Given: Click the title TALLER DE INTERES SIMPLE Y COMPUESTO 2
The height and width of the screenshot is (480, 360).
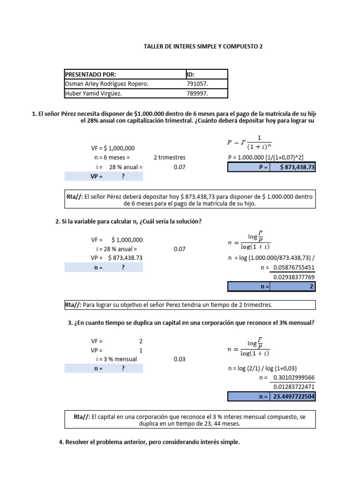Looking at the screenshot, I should coord(203,46).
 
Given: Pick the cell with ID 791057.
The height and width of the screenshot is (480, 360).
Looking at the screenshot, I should coord(197,84).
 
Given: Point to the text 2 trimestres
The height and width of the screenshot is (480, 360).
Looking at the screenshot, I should coord(169,157).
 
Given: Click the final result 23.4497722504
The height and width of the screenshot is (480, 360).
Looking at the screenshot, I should coord(292,397).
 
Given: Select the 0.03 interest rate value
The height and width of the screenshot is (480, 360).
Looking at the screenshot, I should coord(180,359).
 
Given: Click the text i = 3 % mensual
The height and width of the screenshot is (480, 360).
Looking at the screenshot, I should coord(115,359).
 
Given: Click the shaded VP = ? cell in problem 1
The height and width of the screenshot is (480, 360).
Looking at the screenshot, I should coord(104,176).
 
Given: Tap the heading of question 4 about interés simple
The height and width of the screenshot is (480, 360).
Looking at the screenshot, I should coord(149,442).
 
